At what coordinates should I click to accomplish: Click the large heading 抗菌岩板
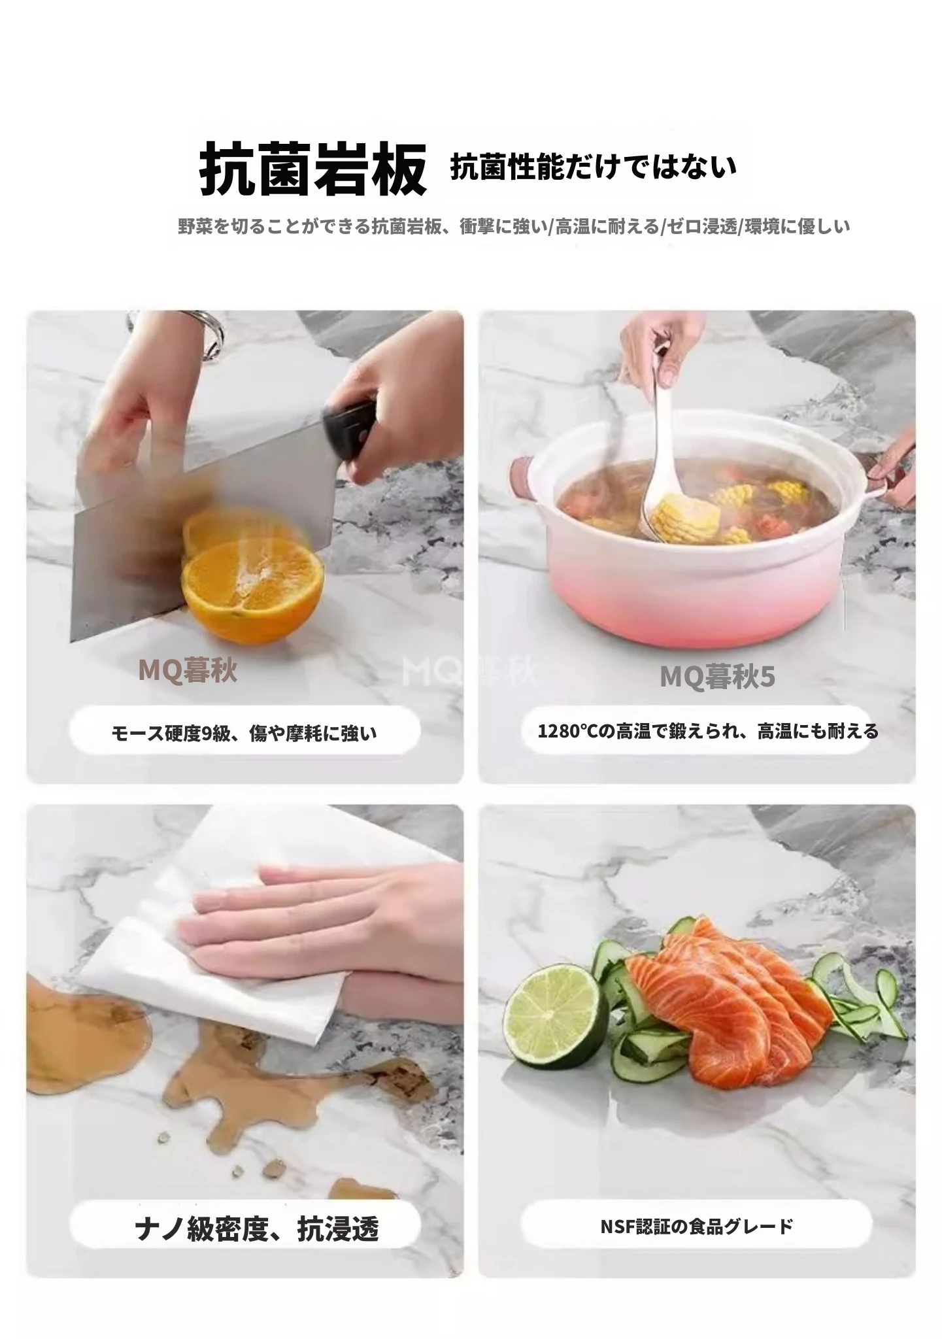click(313, 169)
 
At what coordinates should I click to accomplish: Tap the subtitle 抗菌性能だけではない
click(594, 167)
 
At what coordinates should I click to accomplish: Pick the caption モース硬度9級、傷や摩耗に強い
click(244, 734)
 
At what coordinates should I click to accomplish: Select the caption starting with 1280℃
click(708, 731)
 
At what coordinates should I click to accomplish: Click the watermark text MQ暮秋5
click(717, 677)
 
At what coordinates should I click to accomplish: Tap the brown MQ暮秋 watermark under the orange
click(188, 671)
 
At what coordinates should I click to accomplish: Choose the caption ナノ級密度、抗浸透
click(257, 1229)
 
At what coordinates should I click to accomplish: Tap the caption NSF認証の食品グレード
click(696, 1226)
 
